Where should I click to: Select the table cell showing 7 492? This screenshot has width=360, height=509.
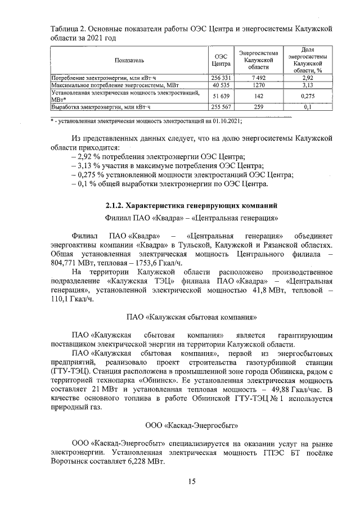(x=259, y=78)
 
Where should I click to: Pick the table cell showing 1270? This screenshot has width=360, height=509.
(x=259, y=85)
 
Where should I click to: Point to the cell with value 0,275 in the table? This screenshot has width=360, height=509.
(x=308, y=96)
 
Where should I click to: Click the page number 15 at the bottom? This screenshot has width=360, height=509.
(x=192, y=481)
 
